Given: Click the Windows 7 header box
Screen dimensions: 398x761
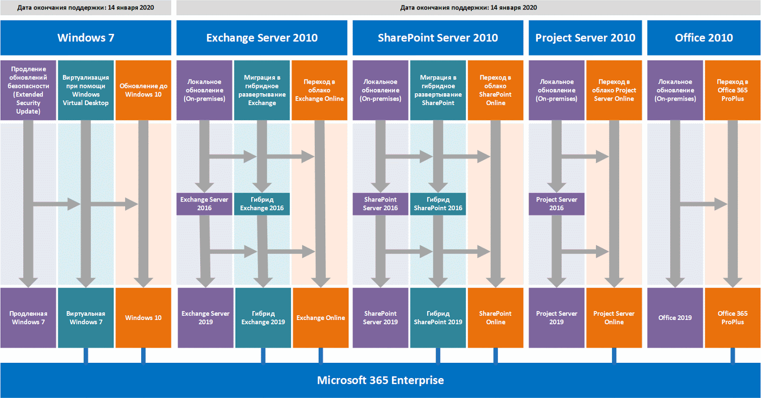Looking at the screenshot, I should click(x=86, y=38).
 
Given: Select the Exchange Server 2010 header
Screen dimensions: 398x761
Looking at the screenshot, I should click(x=262, y=38).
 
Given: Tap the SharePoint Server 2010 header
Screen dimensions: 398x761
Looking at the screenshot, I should click(x=438, y=38).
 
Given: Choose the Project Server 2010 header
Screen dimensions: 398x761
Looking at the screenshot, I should click(x=585, y=38).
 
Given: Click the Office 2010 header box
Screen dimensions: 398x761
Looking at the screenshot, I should click(x=703, y=38).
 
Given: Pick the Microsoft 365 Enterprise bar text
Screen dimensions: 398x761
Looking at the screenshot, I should click(x=380, y=380).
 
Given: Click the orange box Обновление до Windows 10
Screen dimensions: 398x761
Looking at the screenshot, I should click(x=143, y=90).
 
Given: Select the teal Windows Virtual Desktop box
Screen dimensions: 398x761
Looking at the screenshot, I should click(x=86, y=90).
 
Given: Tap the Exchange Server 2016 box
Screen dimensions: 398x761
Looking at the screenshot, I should click(x=204, y=204).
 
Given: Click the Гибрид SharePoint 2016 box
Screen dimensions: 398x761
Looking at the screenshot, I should click(x=438, y=204).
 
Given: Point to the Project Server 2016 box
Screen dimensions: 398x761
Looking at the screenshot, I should click(x=556, y=204).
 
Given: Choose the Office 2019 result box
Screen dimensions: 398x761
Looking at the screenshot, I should click(x=675, y=318).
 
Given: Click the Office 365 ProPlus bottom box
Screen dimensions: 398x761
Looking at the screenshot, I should click(x=732, y=318).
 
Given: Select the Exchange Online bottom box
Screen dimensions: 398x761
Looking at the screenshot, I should click(x=321, y=318).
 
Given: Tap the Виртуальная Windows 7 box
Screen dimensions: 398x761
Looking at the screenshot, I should click(x=86, y=318).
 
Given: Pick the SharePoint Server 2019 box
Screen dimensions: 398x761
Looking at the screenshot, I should click(x=380, y=318).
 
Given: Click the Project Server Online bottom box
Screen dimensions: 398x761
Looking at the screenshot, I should click(x=614, y=318).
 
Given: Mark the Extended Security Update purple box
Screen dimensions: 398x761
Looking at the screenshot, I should click(x=28, y=90).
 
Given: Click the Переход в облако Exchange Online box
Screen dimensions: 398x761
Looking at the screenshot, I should click(x=319, y=90).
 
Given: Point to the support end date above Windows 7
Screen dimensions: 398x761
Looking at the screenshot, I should click(x=86, y=8).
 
